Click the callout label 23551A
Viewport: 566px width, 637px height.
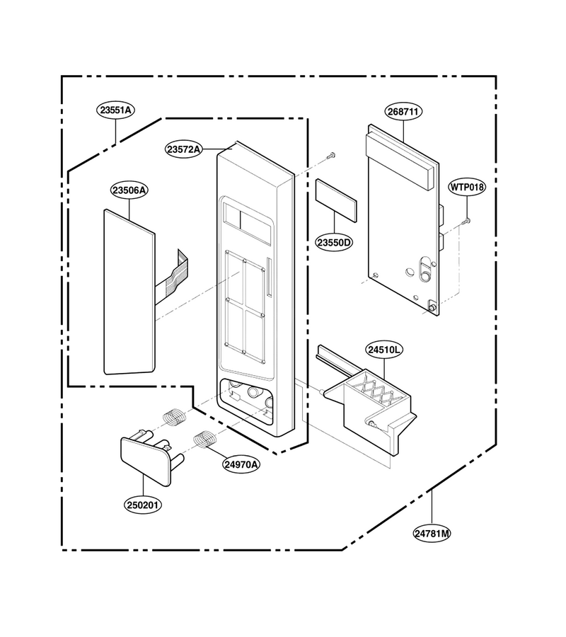pyautogui.click(x=116, y=110)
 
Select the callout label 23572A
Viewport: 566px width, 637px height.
pyautogui.click(x=184, y=149)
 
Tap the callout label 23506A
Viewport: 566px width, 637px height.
pyautogui.click(x=129, y=190)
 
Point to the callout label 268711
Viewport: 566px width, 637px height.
pyautogui.click(x=403, y=111)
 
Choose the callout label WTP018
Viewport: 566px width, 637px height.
pyautogui.click(x=467, y=188)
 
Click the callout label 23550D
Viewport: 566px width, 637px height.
pyautogui.click(x=334, y=243)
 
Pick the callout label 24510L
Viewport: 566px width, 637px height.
pyautogui.click(x=384, y=350)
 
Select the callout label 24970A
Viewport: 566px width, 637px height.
pyautogui.click(x=241, y=464)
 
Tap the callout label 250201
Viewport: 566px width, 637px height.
pyautogui.click(x=143, y=505)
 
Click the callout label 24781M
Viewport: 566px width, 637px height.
pyautogui.click(x=432, y=533)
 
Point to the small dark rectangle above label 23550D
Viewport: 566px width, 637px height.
pyautogui.click(x=336, y=200)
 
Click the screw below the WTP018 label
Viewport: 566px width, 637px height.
pyautogui.click(x=466, y=221)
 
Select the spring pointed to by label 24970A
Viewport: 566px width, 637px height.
pyautogui.click(x=204, y=440)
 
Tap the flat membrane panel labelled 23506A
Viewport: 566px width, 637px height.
pyautogui.click(x=129, y=292)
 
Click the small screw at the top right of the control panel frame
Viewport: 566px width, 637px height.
pyautogui.click(x=332, y=155)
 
